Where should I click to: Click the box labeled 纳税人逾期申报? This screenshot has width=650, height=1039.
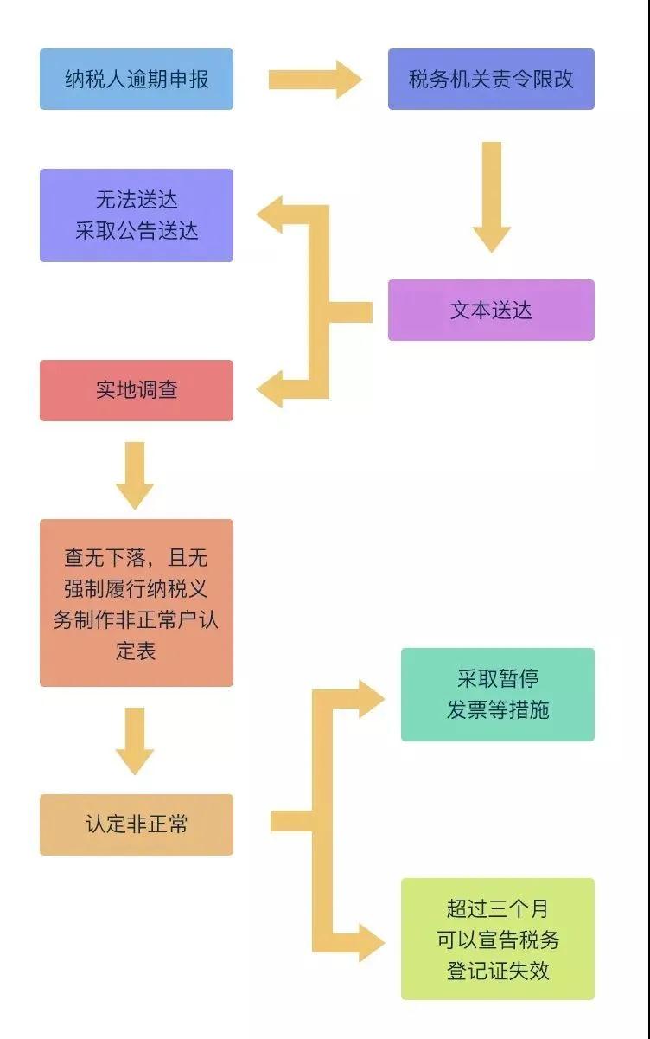click(x=137, y=80)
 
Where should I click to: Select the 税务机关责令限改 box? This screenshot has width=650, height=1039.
click(x=491, y=80)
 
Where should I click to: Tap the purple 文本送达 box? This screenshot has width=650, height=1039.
click(x=491, y=310)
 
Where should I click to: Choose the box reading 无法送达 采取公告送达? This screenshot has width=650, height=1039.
click(x=137, y=215)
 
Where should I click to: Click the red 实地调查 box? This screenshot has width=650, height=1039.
click(x=137, y=390)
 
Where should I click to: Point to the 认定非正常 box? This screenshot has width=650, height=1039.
click(x=137, y=824)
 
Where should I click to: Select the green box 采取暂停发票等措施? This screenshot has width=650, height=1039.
click(x=498, y=695)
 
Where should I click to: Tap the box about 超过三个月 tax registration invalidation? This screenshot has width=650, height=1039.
click(x=498, y=940)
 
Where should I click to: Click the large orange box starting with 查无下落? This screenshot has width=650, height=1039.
click(x=137, y=603)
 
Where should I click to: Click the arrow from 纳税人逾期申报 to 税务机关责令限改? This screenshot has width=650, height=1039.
click(x=315, y=80)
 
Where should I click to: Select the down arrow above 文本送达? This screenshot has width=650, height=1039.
click(x=491, y=196)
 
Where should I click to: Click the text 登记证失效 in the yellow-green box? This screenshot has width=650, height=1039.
click(x=498, y=970)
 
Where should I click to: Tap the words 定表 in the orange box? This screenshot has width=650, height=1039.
click(x=137, y=651)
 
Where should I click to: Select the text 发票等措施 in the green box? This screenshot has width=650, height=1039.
click(x=498, y=710)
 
